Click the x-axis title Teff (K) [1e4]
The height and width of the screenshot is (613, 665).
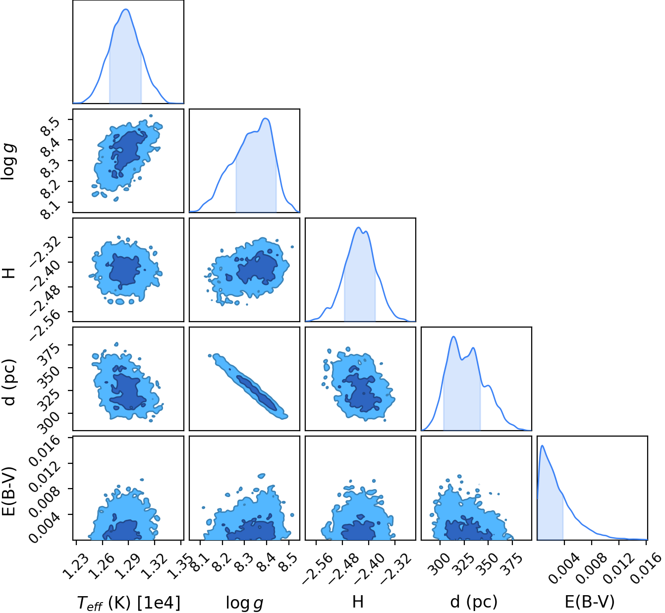click(x=128, y=602)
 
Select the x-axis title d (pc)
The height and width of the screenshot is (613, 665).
click(x=474, y=602)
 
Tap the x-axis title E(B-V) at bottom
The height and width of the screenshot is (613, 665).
click(x=590, y=602)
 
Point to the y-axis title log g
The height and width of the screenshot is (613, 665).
click(x=9, y=162)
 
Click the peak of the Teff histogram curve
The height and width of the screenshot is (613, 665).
click(x=126, y=9)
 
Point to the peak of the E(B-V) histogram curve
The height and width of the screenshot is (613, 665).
click(x=542, y=446)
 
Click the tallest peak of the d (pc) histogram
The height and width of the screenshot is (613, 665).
click(x=453, y=336)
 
